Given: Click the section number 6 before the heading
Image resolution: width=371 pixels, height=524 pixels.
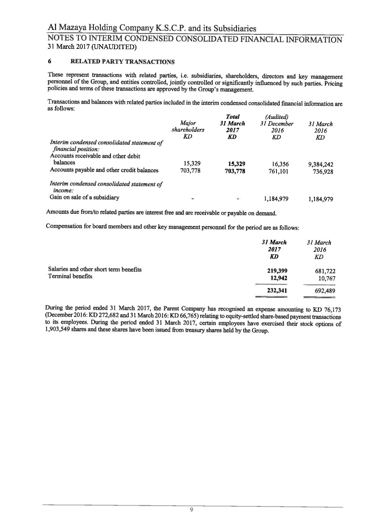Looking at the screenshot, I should [50, 61].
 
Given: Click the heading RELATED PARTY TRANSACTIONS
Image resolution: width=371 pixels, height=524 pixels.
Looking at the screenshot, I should [123, 62].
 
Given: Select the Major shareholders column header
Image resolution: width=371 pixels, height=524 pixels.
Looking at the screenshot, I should [188, 127].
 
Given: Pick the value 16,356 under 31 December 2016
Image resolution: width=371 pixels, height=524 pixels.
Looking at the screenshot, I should [280, 164].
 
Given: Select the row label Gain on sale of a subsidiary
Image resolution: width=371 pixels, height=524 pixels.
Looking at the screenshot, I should [85, 197].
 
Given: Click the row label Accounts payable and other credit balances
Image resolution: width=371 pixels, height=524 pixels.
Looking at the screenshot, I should [104, 170].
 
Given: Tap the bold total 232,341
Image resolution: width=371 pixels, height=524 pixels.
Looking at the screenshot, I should [277, 290].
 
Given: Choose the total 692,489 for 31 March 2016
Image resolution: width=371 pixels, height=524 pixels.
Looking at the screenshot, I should [325, 291].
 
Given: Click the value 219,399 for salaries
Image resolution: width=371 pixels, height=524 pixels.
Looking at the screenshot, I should [277, 271].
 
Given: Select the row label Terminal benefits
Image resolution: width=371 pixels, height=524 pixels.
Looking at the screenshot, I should [70, 276].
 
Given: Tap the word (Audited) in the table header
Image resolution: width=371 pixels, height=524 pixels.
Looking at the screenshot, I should [277, 117].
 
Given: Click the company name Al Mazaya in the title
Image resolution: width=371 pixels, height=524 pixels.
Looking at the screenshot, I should [67, 28].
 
